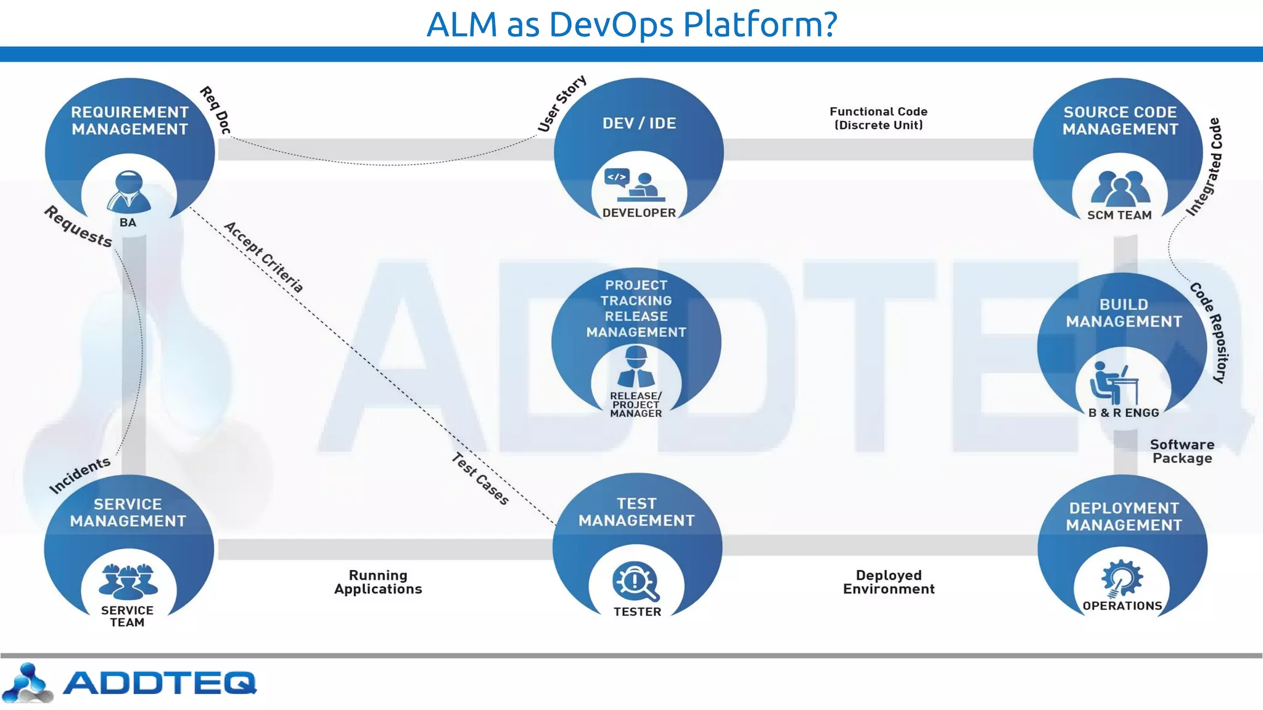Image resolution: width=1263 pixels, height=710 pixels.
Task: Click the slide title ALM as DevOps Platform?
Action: [x=631, y=25]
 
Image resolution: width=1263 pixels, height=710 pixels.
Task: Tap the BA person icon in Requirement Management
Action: [x=128, y=192]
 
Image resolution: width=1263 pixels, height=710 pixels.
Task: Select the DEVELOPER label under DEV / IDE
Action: [x=639, y=213]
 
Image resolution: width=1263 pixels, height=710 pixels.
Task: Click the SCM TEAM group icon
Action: [x=1120, y=188]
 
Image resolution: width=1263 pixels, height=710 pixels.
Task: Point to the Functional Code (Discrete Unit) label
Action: [x=878, y=118]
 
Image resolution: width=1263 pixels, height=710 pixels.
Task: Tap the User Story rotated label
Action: [x=562, y=104]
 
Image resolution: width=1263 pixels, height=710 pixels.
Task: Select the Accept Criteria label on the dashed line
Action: [x=264, y=257]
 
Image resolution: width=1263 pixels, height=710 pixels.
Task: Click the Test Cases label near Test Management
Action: [x=480, y=479]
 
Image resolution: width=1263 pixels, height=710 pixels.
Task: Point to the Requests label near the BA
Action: [x=78, y=226]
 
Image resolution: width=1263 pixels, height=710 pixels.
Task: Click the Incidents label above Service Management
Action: [x=80, y=475]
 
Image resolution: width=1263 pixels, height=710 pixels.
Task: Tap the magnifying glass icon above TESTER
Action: [x=636, y=581]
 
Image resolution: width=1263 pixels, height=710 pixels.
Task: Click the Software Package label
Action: [x=1182, y=451]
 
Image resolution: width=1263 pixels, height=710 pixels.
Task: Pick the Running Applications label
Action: [x=378, y=582]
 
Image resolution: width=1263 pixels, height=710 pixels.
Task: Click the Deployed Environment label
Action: [x=889, y=582]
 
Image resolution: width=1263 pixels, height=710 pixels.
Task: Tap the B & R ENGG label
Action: [x=1123, y=413]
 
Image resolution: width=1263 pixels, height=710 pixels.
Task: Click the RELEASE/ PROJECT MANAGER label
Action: [x=636, y=405]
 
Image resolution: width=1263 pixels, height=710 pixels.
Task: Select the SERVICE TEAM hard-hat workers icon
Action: [x=128, y=581]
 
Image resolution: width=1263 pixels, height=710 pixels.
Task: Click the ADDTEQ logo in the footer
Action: [x=130, y=683]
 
